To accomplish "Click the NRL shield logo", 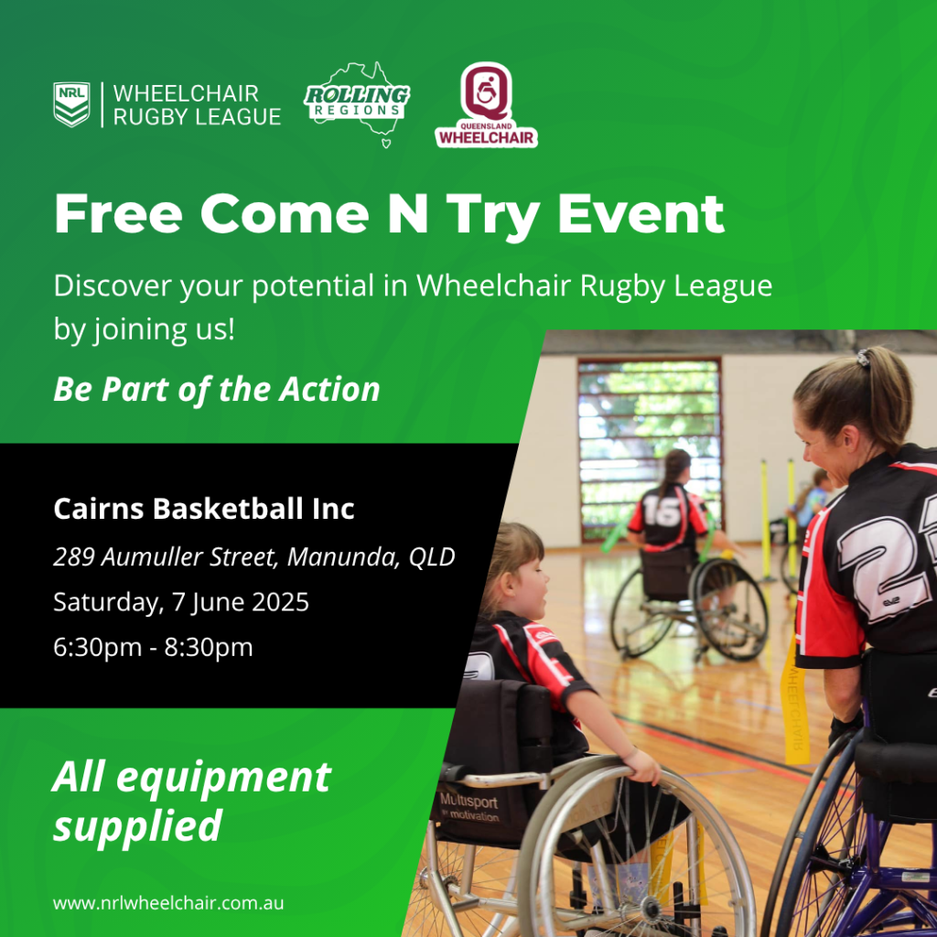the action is pos(71,104).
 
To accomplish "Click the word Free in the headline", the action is pos(118,214).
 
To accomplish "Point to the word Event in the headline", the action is pos(641,214).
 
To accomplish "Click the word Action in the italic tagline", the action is pos(329,389).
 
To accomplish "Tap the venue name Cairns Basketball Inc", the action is pos(204,509).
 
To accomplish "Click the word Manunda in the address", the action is pos(344,557).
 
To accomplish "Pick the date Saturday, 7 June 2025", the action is pos(181,602).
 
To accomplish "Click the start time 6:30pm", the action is pos(97,647).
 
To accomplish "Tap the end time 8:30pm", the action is pos(209,647).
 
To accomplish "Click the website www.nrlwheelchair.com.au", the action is pos(168,902).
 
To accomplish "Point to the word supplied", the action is pos(138,826).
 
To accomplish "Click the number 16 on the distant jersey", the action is pos(662,512).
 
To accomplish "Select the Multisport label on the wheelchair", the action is pos(469,801).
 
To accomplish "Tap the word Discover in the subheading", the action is pos(113,285).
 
